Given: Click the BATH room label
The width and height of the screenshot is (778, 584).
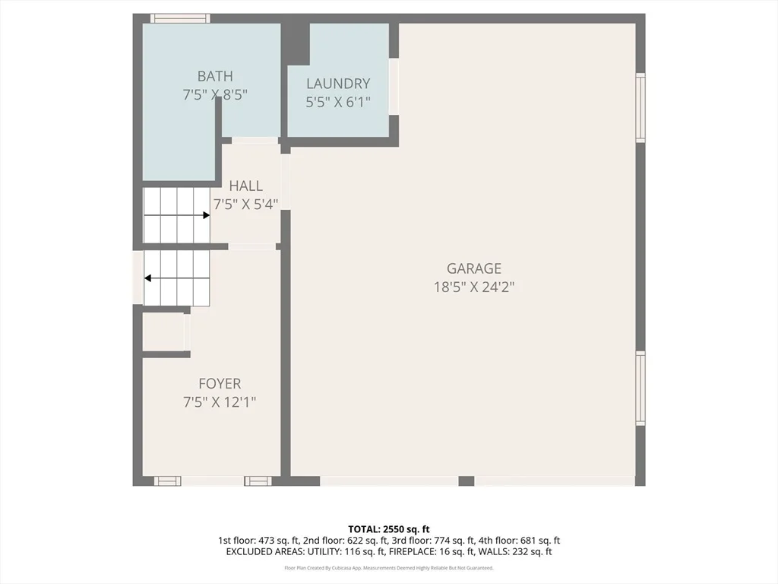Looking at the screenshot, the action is click(215, 76).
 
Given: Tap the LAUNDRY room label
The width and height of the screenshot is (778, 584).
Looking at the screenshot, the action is click(338, 84).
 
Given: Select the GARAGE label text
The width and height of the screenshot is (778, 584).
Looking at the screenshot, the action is click(474, 268).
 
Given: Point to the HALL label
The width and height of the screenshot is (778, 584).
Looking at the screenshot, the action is click(245, 186).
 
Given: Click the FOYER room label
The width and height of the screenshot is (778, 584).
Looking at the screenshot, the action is click(220, 383).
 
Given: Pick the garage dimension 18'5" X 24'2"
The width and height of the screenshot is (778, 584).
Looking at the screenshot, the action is click(474, 287).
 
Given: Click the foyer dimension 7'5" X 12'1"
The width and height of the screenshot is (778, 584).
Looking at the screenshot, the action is click(220, 401).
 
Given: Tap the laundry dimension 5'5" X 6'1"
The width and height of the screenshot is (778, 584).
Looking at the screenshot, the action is click(338, 103).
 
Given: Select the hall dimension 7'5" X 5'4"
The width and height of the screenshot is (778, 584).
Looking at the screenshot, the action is click(245, 204).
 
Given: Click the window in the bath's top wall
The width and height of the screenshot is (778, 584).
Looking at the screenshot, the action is click(180, 18).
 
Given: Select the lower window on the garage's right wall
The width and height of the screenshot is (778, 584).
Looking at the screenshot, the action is click(640, 389).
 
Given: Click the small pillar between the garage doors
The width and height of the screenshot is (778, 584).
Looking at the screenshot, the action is click(466, 481).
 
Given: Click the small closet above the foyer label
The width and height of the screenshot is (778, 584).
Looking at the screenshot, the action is click(163, 332).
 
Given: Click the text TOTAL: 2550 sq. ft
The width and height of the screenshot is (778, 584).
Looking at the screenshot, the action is click(388, 529).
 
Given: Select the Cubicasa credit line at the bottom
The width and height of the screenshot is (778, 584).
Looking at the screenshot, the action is click(388, 567).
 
